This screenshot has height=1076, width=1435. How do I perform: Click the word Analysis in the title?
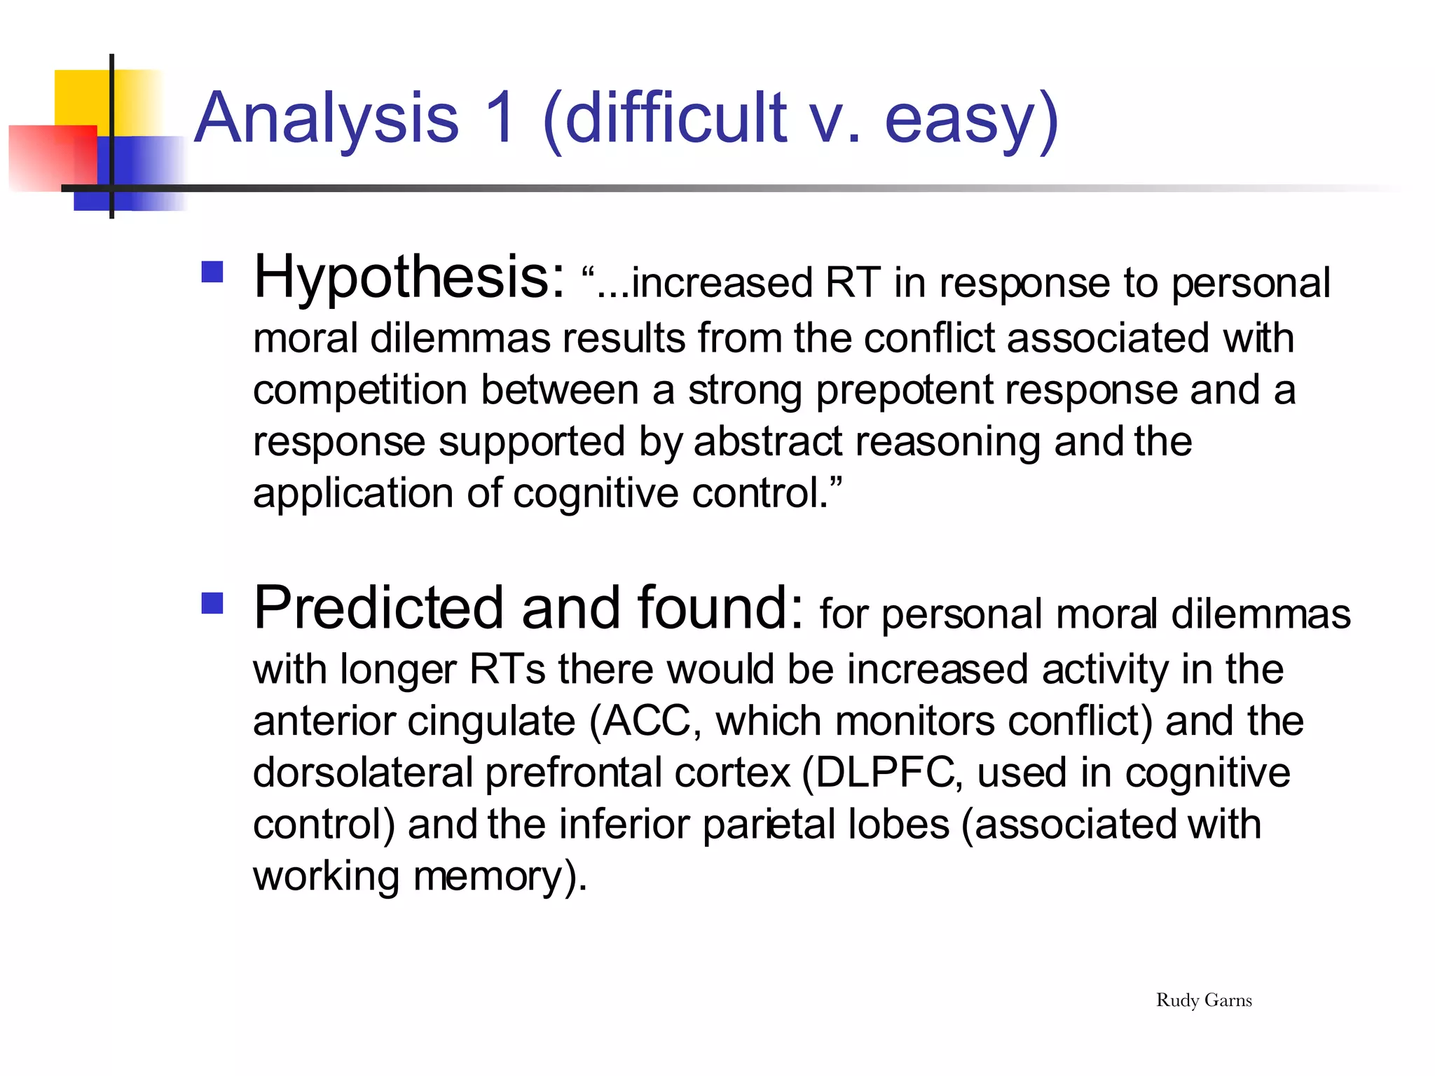coord(327,119)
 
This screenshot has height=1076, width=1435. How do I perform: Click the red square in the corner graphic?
coord(53,158)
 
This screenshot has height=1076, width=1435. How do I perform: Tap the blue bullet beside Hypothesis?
coord(212,272)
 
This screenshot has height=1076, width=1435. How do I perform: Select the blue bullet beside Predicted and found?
coord(212,603)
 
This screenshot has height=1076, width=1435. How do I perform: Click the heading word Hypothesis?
coord(409,279)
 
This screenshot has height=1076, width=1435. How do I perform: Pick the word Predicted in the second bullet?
coord(378,608)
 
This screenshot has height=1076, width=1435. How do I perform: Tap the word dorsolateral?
coord(363,773)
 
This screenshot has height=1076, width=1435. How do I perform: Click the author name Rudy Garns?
coord(1203,1000)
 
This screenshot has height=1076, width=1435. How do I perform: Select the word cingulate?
coord(491,722)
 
